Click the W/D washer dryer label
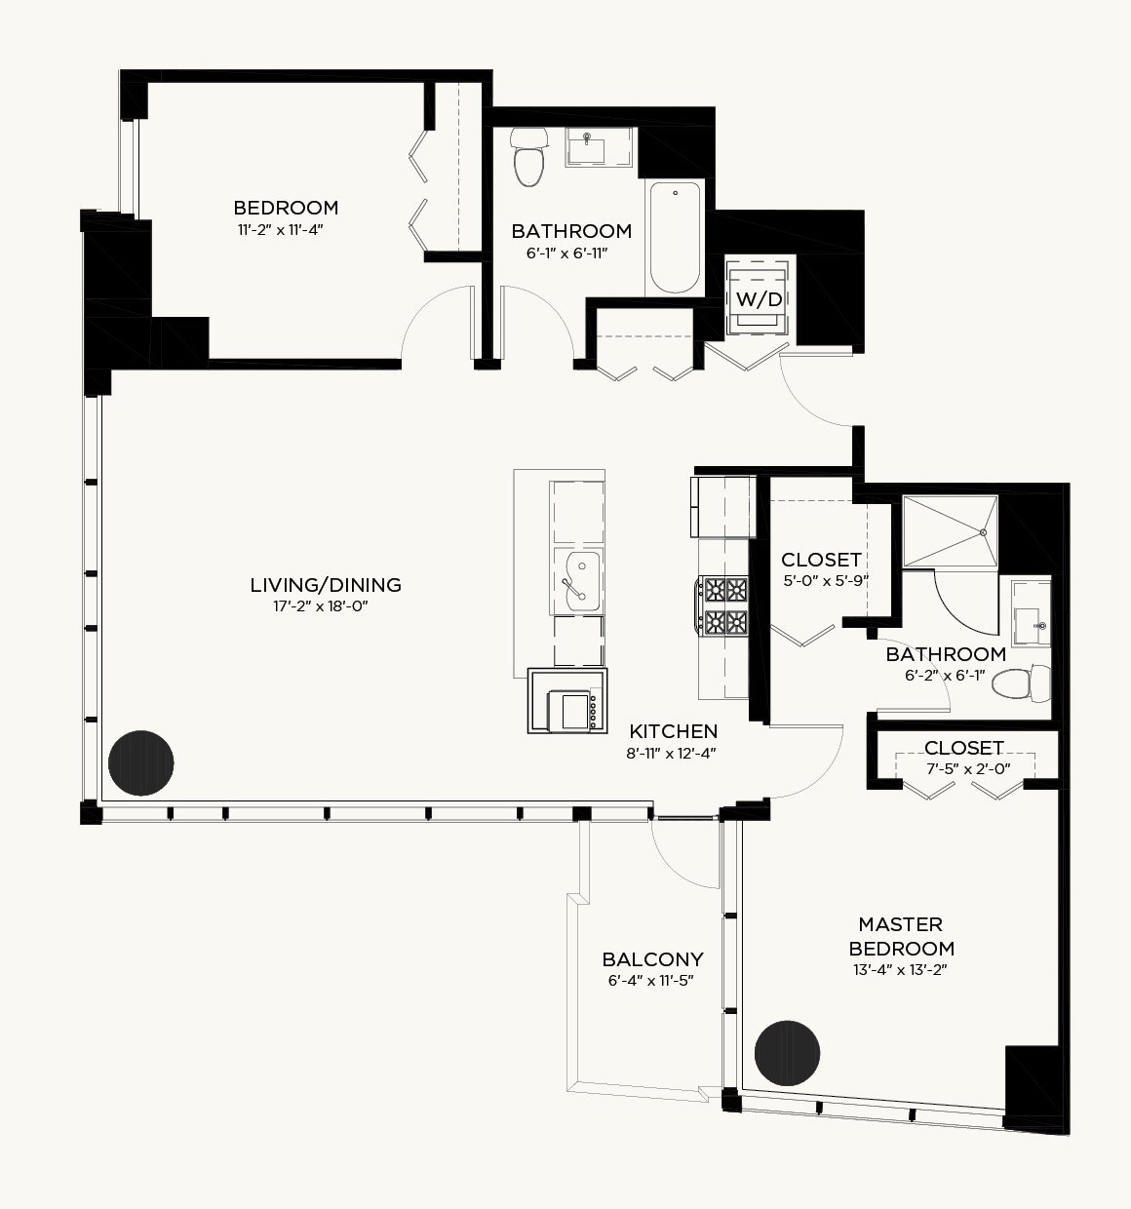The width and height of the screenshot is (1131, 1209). (759, 299)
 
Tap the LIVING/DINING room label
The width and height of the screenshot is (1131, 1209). (326, 585)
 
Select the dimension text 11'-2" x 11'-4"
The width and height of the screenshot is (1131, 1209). (280, 230)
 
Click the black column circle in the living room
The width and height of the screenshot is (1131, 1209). (140, 762)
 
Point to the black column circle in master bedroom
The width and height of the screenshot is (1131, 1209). (787, 1053)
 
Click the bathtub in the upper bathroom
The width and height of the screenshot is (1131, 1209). (675, 238)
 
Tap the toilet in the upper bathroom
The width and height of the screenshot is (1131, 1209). (528, 156)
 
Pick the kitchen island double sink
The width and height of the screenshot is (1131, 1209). (577, 581)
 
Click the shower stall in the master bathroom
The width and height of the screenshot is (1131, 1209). (950, 531)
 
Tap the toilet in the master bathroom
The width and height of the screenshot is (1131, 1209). (1021, 683)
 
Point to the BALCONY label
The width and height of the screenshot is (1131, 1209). (653, 960)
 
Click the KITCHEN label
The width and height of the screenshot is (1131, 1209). (673, 731)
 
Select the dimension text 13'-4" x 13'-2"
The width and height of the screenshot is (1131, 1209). (900, 970)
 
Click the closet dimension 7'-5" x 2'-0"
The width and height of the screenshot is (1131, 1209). (968, 769)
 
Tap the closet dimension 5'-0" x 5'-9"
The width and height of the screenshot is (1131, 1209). (826, 581)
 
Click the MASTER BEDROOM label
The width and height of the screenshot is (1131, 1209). (902, 936)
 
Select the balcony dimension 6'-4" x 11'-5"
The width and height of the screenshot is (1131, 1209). (651, 981)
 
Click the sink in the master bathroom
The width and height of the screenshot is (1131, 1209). (1032, 613)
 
